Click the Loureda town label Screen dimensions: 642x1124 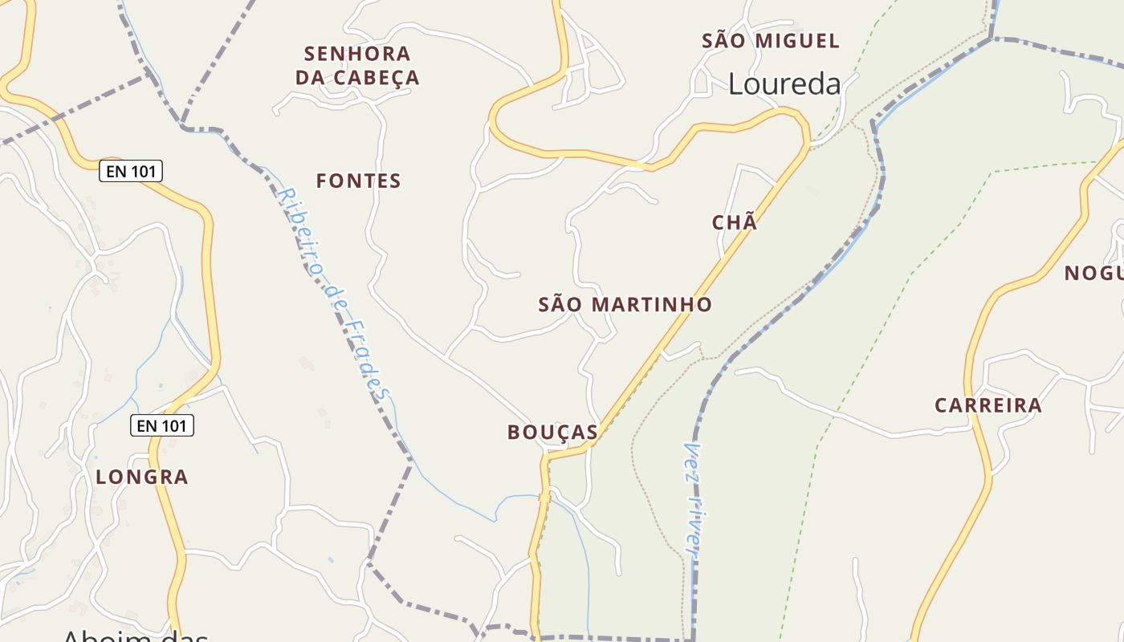click(x=784, y=84)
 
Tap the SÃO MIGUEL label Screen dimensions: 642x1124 click(x=771, y=41)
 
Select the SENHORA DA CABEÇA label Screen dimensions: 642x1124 click(x=357, y=66)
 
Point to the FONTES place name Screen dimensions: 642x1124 click(x=358, y=181)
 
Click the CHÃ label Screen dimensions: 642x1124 click(x=735, y=223)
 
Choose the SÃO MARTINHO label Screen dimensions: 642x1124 click(x=625, y=305)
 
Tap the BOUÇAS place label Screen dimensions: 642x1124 click(x=552, y=433)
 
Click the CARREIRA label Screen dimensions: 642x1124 click(x=988, y=405)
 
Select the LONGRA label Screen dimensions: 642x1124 click(x=142, y=477)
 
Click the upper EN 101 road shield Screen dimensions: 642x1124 click(x=131, y=171)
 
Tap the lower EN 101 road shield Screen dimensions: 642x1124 click(x=162, y=425)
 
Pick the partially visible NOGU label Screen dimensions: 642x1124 click(x=1093, y=274)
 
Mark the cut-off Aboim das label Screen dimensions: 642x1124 click(x=135, y=635)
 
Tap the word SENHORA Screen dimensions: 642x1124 click(x=357, y=54)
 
